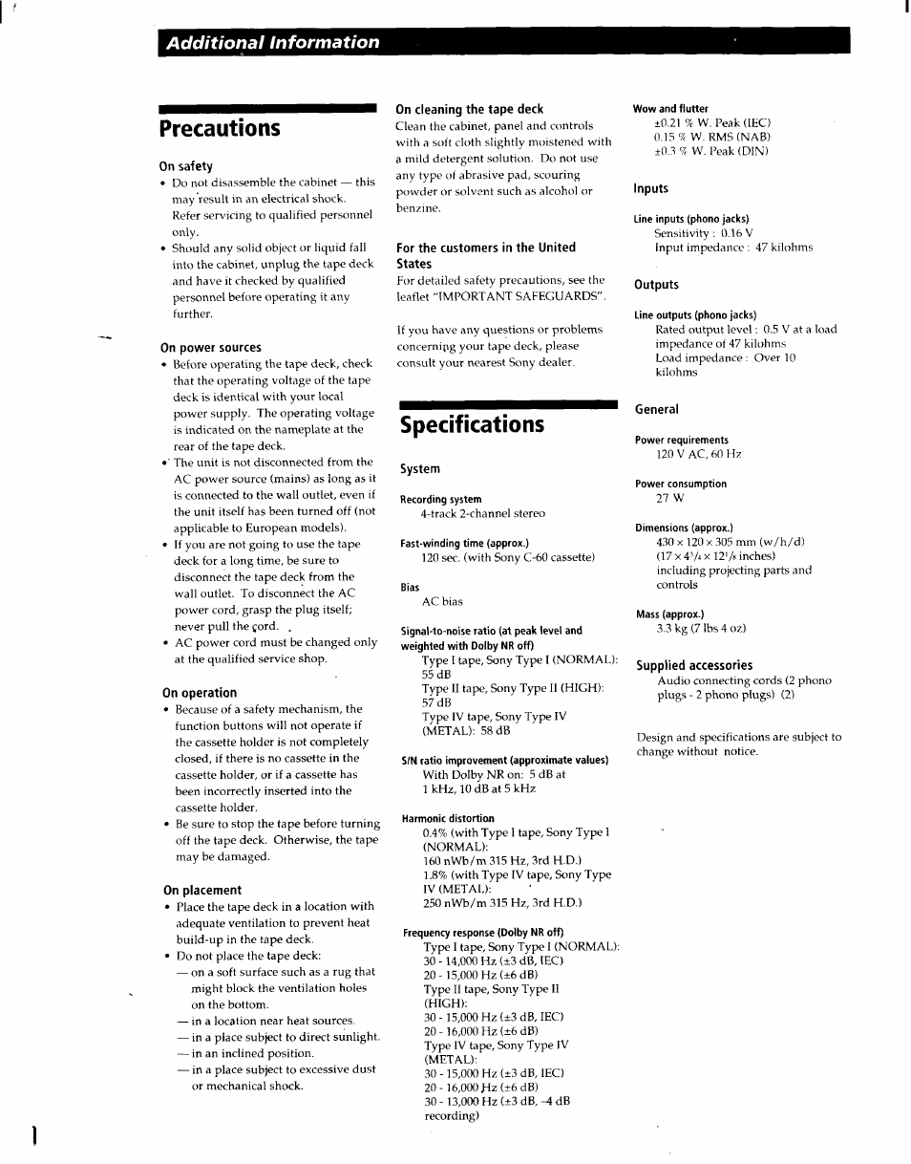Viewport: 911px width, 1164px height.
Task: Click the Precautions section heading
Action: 221,128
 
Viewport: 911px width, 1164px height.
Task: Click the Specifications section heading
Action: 472,424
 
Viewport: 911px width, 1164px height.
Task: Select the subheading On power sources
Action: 211,348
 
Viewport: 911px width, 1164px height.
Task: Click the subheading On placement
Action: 202,890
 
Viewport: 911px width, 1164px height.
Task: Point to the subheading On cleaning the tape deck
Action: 470,109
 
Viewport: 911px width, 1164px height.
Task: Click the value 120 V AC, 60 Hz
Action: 698,454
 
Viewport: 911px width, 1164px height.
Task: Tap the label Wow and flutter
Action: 671,109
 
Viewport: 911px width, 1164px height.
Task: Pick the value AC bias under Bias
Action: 442,601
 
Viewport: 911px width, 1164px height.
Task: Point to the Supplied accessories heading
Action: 694,665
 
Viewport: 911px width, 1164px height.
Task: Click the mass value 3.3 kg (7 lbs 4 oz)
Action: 700,629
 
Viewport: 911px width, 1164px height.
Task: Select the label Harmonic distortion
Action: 448,818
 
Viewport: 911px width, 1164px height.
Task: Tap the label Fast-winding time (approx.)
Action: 464,543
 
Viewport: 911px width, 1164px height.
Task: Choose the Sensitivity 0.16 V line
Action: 703,232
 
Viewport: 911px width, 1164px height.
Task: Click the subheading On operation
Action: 200,693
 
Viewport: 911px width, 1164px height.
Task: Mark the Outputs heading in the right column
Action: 656,285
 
